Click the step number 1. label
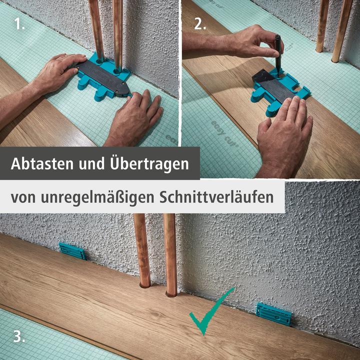19,23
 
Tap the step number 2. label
200,23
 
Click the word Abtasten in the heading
42,163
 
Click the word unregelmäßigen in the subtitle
97,197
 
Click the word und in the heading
91,164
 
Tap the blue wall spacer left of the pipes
72,251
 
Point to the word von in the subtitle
23,198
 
